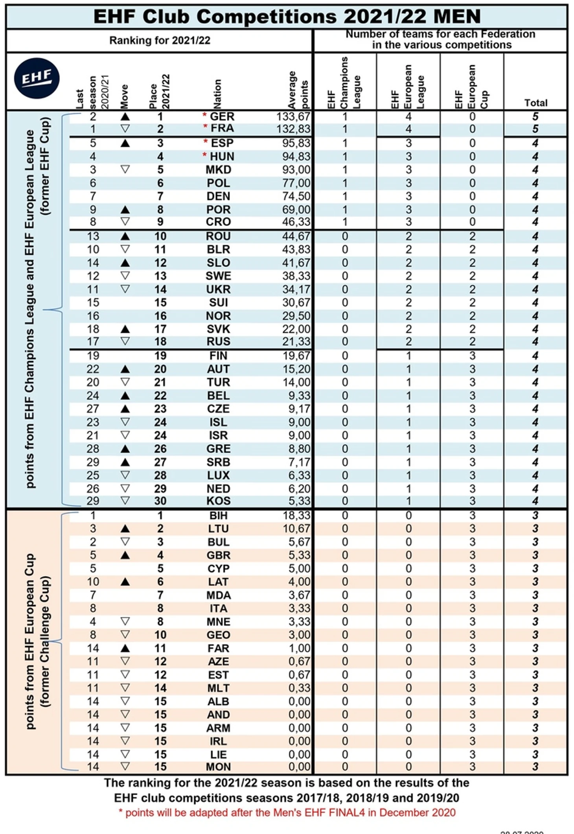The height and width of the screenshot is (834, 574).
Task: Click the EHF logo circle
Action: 37,78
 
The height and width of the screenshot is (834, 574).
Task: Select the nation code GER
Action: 222,117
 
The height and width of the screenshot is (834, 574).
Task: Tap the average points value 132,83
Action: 296,129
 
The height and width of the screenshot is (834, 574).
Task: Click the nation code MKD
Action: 218,170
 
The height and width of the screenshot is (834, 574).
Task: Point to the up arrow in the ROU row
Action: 125,236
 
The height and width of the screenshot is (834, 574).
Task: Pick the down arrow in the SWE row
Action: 125,276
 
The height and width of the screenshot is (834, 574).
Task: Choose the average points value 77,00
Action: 296,183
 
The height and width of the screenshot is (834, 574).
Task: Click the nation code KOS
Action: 218,501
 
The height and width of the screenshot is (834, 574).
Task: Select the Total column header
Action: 535,103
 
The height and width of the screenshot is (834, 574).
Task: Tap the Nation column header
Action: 217,94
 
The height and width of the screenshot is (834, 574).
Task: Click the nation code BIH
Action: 218,515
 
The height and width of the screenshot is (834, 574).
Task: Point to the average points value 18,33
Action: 296,515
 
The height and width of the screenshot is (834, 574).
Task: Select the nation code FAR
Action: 218,648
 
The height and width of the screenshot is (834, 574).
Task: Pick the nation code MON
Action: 218,767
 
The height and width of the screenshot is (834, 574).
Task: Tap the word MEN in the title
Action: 457,17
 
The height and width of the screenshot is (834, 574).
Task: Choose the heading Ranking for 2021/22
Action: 160,40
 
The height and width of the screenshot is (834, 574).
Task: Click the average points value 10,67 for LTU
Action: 296,529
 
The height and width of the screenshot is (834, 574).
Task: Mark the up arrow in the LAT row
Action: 125,582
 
